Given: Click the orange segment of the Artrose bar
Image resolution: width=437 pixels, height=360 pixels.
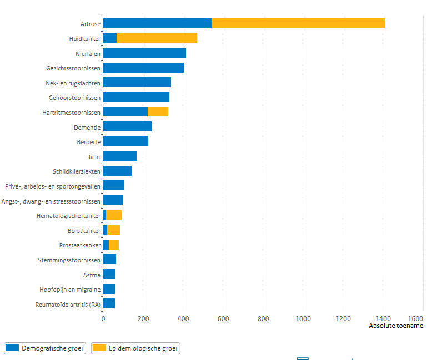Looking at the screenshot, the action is pos(298,23).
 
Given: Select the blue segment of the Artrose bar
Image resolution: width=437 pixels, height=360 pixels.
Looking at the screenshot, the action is pos(157,23).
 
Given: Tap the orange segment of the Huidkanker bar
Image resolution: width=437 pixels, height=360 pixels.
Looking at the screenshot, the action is pos(157,38).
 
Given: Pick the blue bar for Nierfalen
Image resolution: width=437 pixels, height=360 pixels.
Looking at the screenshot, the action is pos(144,53).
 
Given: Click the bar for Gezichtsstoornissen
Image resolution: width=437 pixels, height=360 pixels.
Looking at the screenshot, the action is pos(143,68).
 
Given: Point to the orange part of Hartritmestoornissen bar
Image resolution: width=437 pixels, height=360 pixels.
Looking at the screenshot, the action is pos(158,111).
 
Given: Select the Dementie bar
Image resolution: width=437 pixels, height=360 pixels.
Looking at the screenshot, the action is pos(127,126).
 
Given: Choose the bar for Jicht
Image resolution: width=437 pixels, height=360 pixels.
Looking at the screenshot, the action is pos(120,156).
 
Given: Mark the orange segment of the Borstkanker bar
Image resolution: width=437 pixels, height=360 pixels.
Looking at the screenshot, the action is pos(113,230).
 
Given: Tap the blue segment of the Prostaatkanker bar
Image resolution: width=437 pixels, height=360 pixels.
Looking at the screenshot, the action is pos(106,245).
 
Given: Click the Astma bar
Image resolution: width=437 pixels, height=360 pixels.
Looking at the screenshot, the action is pos(109,274).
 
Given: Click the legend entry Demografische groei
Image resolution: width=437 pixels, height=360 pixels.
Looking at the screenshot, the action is pos(45,348).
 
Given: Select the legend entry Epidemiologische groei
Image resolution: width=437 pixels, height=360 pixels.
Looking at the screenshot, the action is pos(135,348).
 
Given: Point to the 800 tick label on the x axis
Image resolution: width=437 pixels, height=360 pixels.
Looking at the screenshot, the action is pos(263,319).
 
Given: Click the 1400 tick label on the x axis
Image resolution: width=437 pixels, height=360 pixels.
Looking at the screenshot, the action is pos(383,319).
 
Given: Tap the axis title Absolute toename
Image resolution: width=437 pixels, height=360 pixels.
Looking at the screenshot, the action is pos(396,326).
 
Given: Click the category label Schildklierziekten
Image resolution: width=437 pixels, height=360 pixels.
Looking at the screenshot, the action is pos(77,171).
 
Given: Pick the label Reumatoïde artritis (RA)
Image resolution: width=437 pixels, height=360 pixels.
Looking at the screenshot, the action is pos(68,305).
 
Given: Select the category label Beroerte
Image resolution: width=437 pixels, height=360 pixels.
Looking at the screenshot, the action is pos(89,142).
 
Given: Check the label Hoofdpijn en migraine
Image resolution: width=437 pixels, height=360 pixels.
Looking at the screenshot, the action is pos(70,290).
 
